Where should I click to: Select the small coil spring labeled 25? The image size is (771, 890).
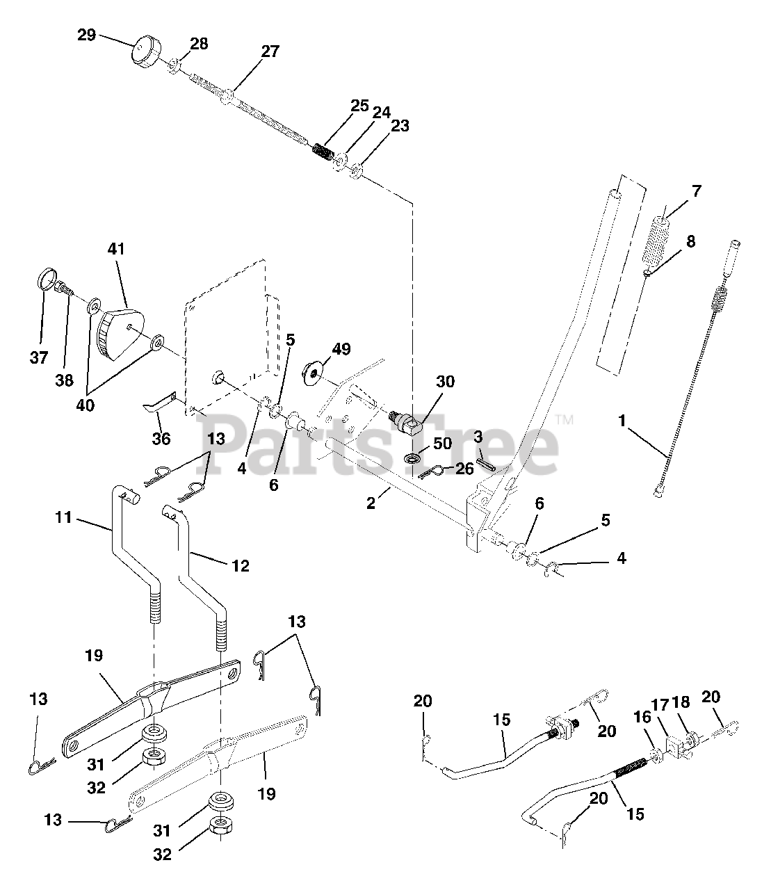tap(322, 150)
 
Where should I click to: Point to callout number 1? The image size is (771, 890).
tap(622, 421)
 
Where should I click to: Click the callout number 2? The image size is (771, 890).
tap(371, 503)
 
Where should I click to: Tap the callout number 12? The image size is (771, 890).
tap(240, 566)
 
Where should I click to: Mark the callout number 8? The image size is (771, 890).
tap(690, 242)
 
